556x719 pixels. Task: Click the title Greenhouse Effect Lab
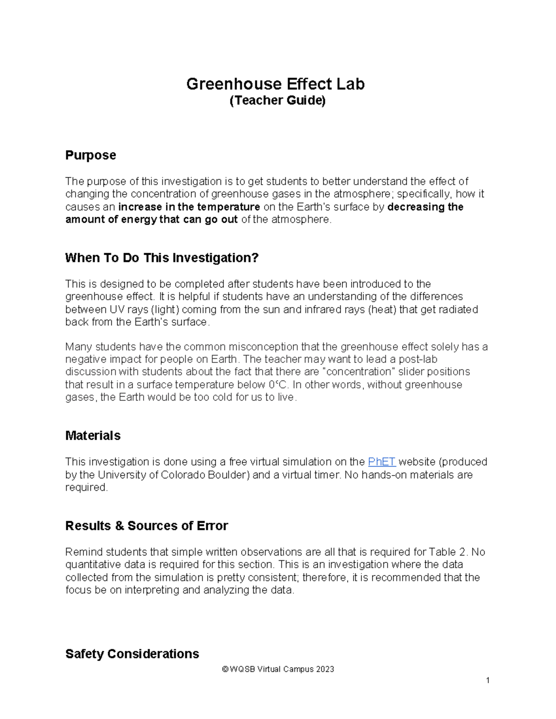tap(275, 84)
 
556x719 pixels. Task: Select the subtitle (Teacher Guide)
tap(278, 100)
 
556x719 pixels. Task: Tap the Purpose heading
tap(90, 155)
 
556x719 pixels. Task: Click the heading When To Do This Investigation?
tap(161, 258)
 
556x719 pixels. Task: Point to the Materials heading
tap(93, 436)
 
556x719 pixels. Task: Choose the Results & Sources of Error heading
tap(146, 526)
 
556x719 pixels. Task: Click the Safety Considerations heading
tap(132, 654)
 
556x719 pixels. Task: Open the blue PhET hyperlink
tap(381, 462)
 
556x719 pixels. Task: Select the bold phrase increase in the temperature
tap(189, 207)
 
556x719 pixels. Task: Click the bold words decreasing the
tap(425, 207)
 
